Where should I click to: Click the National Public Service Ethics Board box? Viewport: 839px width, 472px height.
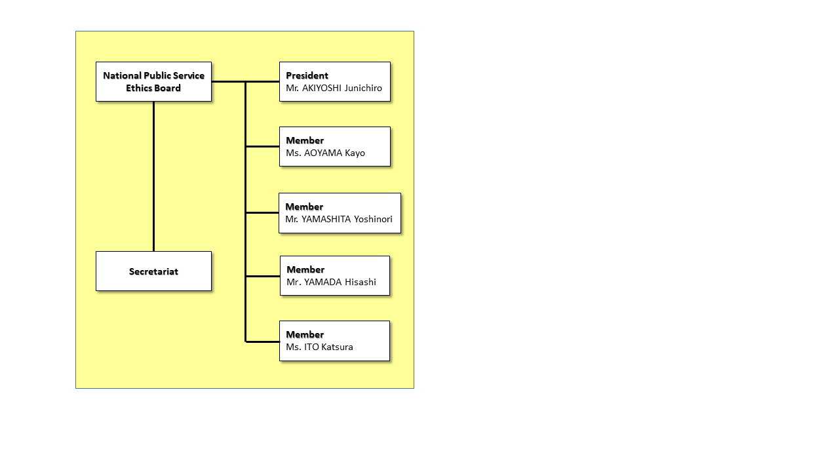pyautogui.click(x=153, y=82)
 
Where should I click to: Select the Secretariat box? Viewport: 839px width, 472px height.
pyautogui.click(x=153, y=271)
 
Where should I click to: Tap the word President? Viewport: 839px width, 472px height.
pyautogui.click(x=307, y=75)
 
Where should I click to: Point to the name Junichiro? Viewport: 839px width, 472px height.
pyautogui.click(x=363, y=88)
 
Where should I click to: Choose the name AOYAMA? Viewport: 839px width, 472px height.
pyautogui.click(x=323, y=153)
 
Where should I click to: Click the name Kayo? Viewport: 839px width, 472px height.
pyautogui.click(x=355, y=153)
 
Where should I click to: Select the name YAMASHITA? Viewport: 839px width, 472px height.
pyautogui.click(x=326, y=219)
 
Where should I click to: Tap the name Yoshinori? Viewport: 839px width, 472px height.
pyautogui.click(x=373, y=219)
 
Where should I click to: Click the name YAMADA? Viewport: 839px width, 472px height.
pyautogui.click(x=323, y=282)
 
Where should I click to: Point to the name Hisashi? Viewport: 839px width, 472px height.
pyautogui.click(x=361, y=282)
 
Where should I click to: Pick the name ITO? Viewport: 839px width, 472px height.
pyautogui.click(x=311, y=347)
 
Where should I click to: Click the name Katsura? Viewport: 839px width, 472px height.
pyautogui.click(x=337, y=347)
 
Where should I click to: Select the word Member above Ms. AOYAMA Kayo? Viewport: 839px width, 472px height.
pyautogui.click(x=305, y=140)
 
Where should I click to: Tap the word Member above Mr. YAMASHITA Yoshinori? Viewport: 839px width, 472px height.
pyautogui.click(x=304, y=206)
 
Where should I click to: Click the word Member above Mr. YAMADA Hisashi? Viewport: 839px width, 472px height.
pyautogui.click(x=305, y=269)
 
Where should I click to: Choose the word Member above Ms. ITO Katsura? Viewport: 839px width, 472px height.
pyautogui.click(x=305, y=334)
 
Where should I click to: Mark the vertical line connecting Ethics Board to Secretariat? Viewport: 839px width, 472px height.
pyautogui.click(x=153, y=176)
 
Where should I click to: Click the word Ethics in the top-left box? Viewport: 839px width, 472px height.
pyautogui.click(x=137, y=88)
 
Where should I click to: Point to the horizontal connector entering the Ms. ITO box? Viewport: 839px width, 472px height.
pyautogui.click(x=263, y=342)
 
